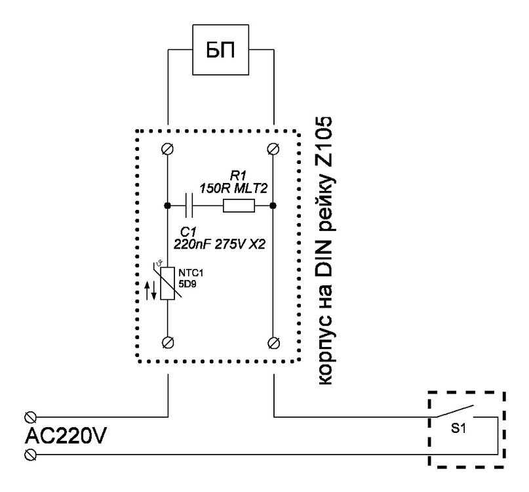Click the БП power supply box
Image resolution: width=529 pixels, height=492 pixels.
[221, 51]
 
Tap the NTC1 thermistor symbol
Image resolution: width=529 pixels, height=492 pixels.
[168, 283]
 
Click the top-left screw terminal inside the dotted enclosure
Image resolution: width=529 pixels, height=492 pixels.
[168, 149]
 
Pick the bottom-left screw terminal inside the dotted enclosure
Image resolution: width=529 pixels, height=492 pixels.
[168, 341]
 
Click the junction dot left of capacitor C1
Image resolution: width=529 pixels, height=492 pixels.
[168, 206]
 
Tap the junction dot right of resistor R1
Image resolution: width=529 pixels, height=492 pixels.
[272, 206]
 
